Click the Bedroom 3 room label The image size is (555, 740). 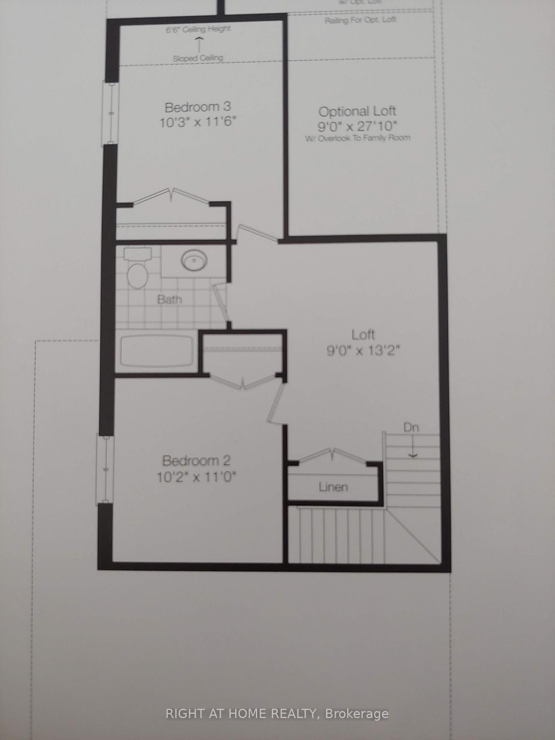click(197, 107)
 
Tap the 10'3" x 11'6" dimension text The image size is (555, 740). click(197, 122)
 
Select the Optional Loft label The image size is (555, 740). click(357, 111)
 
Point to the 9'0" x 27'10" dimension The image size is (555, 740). click(357, 126)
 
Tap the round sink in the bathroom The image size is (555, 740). click(195, 261)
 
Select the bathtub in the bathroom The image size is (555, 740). click(157, 351)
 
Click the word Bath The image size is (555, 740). click(170, 299)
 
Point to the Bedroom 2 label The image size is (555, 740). click(196, 461)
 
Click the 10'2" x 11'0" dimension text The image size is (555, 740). click(196, 477)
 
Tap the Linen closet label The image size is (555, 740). click(333, 487)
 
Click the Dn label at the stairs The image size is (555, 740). click(411, 427)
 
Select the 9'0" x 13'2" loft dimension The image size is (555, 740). click(363, 351)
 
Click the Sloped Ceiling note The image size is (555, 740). click(198, 59)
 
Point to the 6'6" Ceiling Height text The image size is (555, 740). click(198, 29)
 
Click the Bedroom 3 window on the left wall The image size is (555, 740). click(110, 114)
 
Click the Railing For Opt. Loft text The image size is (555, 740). click(360, 20)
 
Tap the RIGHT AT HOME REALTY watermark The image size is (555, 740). click(277, 714)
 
